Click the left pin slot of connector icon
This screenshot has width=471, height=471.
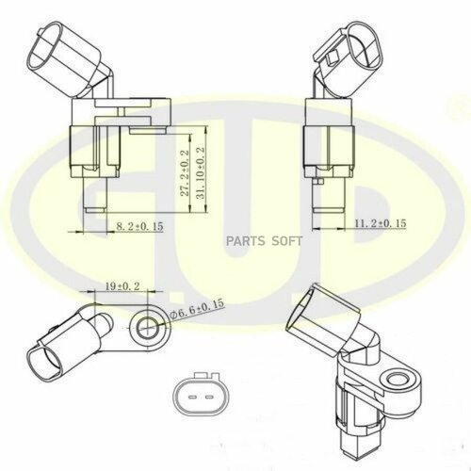tap(191, 395)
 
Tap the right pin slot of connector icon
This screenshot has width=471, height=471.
tap(210, 395)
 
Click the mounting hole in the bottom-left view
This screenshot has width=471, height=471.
tap(148, 326)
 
